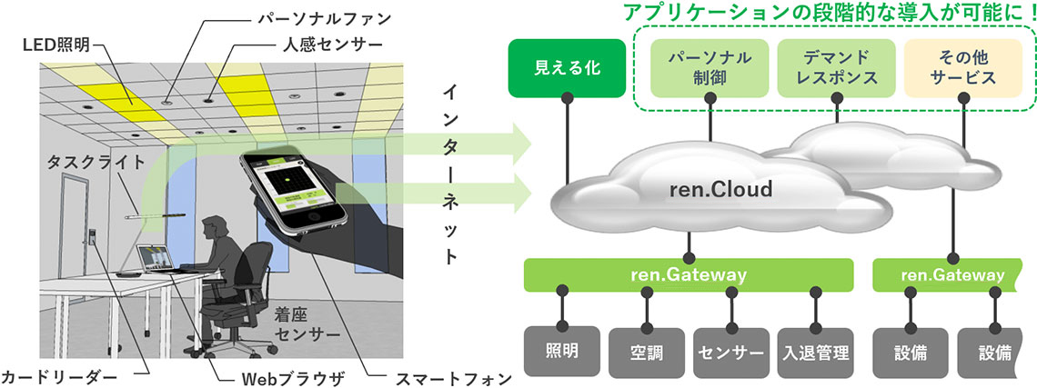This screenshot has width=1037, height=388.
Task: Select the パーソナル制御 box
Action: pyautogui.click(x=710, y=68)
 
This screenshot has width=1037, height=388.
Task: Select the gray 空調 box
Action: pyautogui.click(x=646, y=351)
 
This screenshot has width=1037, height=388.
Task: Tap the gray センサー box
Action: pyautogui.click(x=730, y=351)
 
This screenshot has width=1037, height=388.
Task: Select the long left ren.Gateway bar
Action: pyautogui.click(x=689, y=274)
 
